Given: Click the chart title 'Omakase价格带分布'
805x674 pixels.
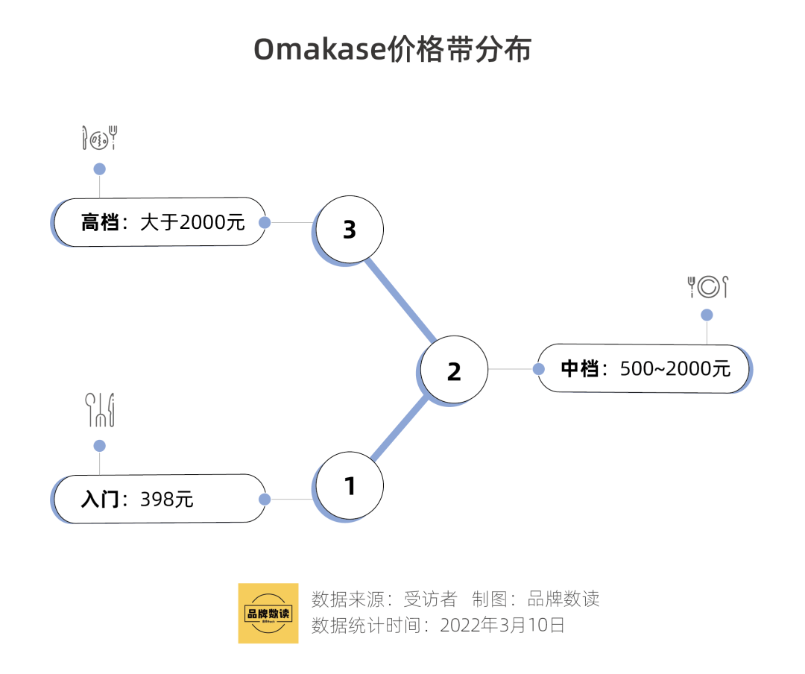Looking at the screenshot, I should point(392,50).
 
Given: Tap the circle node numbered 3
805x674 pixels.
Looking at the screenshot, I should point(350,230).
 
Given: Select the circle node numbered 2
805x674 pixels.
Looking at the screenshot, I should point(454,371).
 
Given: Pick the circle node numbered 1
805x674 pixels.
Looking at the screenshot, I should point(350,486).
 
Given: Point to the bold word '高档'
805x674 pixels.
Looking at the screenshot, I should point(100,222).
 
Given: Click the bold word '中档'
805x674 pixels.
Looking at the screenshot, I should point(579,368).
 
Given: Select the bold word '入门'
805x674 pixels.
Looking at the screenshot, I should point(100,499).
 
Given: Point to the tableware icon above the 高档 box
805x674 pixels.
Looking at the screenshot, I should point(100,138).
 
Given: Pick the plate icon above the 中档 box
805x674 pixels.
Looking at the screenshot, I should point(707,286).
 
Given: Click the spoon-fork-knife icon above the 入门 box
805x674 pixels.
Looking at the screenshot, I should point(100,410).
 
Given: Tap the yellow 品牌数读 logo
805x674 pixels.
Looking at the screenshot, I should point(268,613).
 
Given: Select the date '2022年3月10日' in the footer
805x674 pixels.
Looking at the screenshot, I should point(502,625).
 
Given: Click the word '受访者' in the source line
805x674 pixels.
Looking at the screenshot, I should point(430,599).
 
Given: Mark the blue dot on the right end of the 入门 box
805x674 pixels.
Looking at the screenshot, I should point(264,499).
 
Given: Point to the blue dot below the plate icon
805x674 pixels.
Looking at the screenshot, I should point(707,315).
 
